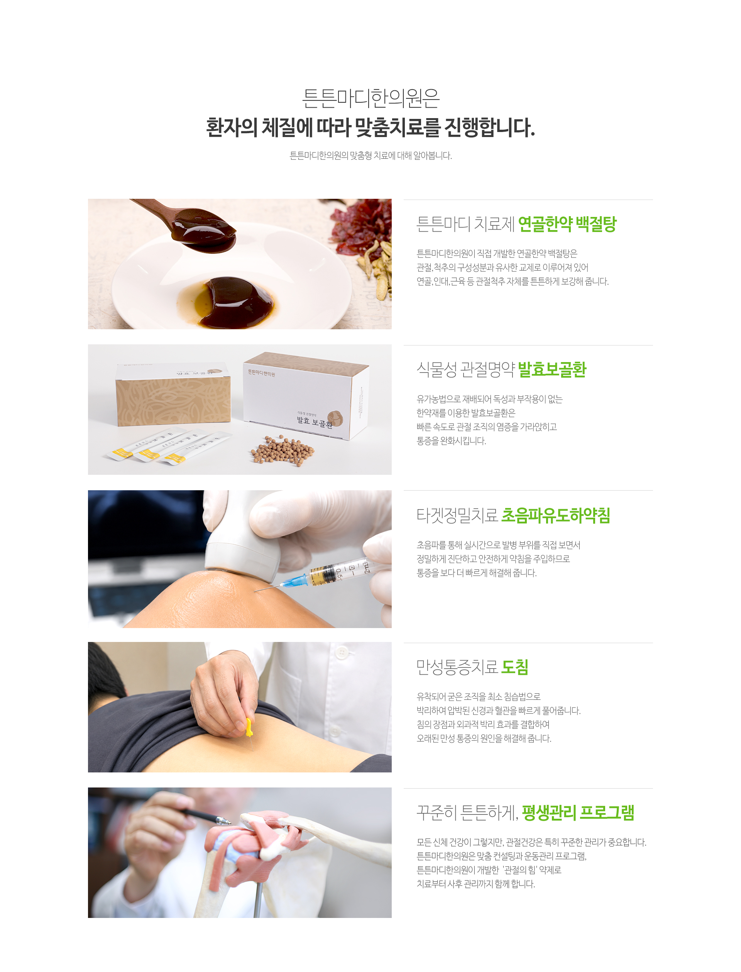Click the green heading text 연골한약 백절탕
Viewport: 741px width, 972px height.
[567, 224]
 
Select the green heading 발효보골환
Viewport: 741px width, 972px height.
[552, 370]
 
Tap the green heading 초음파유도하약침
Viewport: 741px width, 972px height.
[556, 515]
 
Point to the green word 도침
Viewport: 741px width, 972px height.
[515, 667]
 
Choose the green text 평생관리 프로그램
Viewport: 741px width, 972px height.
[578, 812]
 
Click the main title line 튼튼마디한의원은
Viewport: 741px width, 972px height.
[370, 98]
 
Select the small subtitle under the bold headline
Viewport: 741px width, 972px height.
[370, 156]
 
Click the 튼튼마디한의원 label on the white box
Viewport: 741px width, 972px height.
[261, 373]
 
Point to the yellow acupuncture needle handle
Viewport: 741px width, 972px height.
[249, 728]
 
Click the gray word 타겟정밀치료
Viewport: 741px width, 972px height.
[457, 515]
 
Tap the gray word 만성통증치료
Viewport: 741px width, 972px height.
[457, 667]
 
